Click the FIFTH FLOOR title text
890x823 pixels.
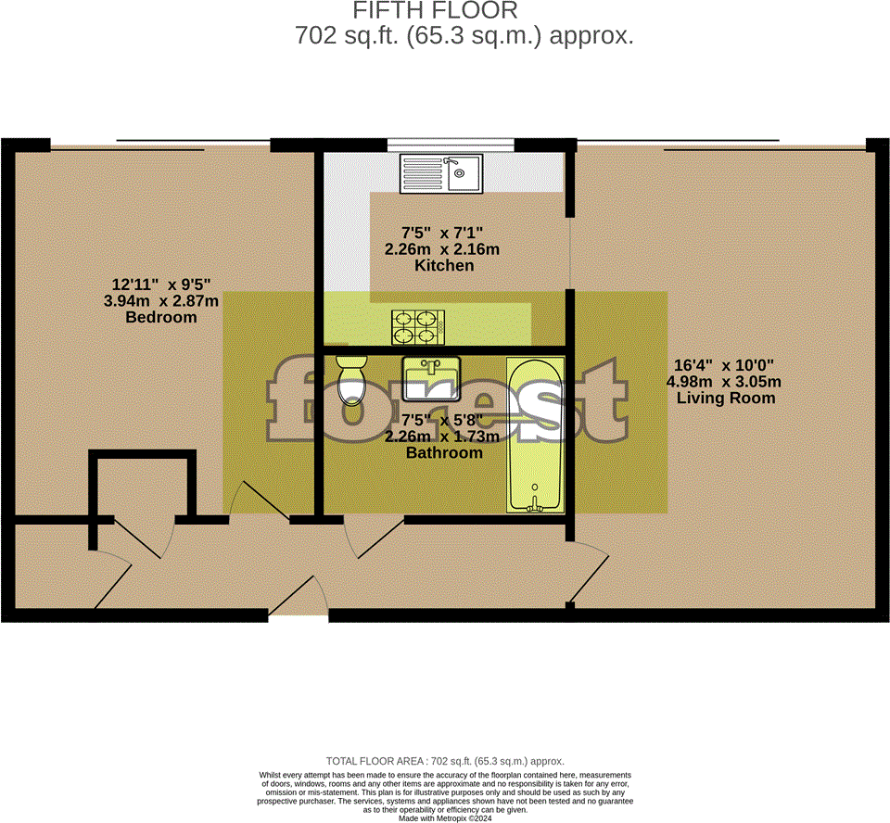pos(435,11)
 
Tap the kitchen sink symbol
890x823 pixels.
pos(441,173)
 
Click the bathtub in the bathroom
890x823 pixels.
pos(535,434)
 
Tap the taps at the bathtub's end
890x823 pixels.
pos(535,500)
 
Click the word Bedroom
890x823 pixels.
pos(161,317)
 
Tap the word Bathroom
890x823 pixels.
pos(444,453)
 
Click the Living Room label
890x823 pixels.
pos(725,399)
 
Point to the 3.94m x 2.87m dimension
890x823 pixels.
pos(162,300)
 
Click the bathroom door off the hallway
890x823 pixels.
pos(366,538)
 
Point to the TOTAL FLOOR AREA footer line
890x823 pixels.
pos(445,760)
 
